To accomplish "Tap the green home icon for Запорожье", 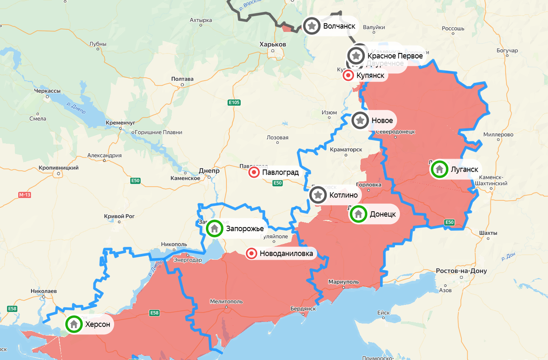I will pyautogui.click(x=214, y=228).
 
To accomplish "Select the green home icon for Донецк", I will pyautogui.click(x=358, y=214).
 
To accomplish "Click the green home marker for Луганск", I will pyautogui.click(x=439, y=169).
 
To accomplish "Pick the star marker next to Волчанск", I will pyautogui.click(x=311, y=26).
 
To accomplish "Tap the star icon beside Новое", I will pyautogui.click(x=360, y=121).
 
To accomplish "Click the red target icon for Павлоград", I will pyautogui.click(x=253, y=172).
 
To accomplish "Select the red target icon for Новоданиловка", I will pyautogui.click(x=251, y=254).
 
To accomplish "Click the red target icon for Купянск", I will pyautogui.click(x=348, y=75).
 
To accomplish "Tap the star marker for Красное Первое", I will pyautogui.click(x=356, y=56).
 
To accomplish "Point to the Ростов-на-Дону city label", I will pyautogui.click(x=461, y=271).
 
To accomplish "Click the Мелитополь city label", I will pyautogui.click(x=226, y=302).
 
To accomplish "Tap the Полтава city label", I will pyautogui.click(x=182, y=79).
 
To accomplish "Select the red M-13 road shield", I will pyautogui.click(x=25, y=195).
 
